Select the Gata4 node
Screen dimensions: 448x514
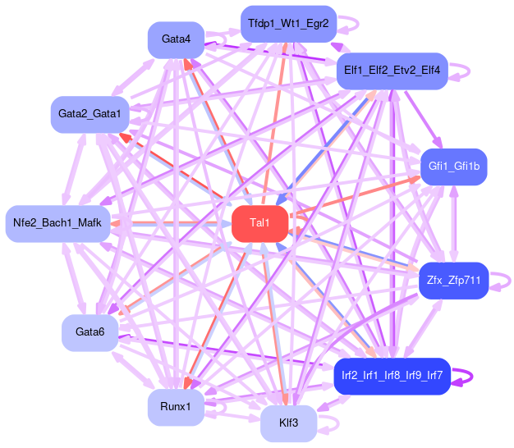(x=176, y=39)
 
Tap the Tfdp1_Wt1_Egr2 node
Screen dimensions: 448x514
(x=287, y=24)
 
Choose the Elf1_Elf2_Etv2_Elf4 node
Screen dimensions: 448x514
(x=392, y=71)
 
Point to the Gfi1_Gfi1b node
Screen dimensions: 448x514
(x=453, y=167)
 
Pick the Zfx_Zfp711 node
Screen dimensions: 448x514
(x=453, y=281)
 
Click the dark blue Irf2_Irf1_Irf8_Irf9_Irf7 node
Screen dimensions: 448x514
(x=392, y=376)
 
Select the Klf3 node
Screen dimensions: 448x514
(x=288, y=423)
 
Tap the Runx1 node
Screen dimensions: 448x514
(x=176, y=407)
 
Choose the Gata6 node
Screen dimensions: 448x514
(x=89, y=332)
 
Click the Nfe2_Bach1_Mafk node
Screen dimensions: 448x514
(x=57, y=223)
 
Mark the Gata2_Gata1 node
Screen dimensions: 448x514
(x=89, y=113)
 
